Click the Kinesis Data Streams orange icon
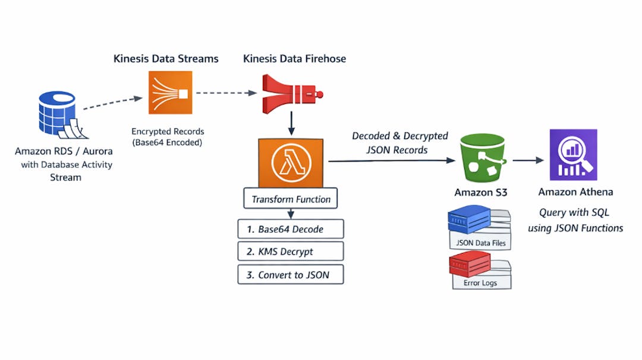pyautogui.click(x=171, y=93)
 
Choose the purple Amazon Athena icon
pyautogui.click(x=573, y=154)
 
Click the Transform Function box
pyautogui.click(x=291, y=199)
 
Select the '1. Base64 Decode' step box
pyautogui.click(x=291, y=229)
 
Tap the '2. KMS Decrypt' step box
pyautogui.click(x=291, y=251)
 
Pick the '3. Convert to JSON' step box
pyautogui.click(x=291, y=274)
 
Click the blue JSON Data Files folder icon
pyautogui.click(x=470, y=221)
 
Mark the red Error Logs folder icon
pyautogui.click(x=470, y=264)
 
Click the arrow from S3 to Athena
pyautogui.click(x=528, y=160)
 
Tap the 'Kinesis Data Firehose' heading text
pyautogui.click(x=294, y=58)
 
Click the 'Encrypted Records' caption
pyautogui.click(x=168, y=131)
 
